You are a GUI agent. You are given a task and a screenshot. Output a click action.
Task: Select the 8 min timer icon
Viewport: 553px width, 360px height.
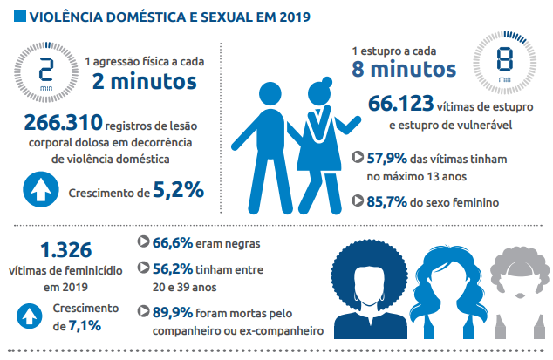pos(504,63)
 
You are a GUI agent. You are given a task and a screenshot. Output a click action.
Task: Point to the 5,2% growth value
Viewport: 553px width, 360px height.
pos(178,189)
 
